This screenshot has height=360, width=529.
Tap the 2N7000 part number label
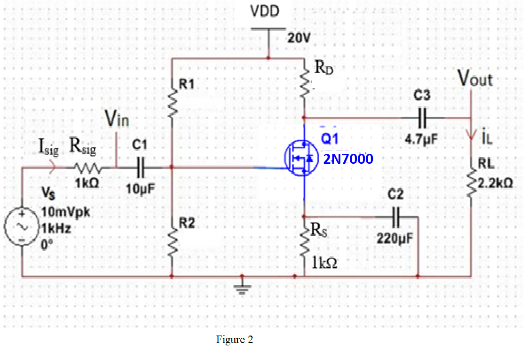[348, 159]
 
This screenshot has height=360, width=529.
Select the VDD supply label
[265, 12]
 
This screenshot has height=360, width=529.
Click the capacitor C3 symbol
[422, 118]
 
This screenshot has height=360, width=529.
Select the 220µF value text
[395, 238]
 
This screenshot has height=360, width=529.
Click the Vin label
[117, 120]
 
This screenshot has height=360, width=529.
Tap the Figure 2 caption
[234, 340]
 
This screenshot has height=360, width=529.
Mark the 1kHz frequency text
[56, 229]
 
